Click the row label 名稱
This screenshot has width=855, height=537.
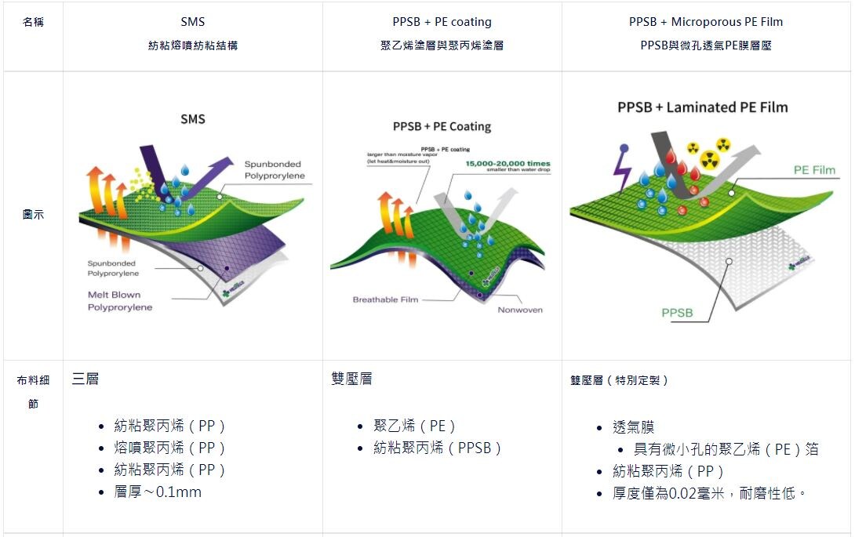click(33, 22)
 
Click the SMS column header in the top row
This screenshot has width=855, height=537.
click(193, 22)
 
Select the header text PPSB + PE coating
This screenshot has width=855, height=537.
click(442, 22)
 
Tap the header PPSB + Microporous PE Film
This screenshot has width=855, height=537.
click(705, 22)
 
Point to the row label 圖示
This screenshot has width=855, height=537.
click(33, 215)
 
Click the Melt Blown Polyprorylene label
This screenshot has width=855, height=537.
click(120, 301)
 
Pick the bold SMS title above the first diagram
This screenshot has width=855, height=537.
click(193, 119)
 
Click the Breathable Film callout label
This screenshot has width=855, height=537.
click(385, 300)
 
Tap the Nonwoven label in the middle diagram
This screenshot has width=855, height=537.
click(519, 310)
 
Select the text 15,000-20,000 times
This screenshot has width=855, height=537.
click(508, 163)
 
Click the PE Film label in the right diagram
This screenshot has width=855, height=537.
click(814, 170)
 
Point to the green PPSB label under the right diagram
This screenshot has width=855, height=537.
click(677, 313)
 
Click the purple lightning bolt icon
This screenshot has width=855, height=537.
click(624, 167)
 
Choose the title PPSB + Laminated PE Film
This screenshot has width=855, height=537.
click(702, 107)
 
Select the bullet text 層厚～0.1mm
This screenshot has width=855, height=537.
click(158, 492)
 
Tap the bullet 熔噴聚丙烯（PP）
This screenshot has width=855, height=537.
click(169, 448)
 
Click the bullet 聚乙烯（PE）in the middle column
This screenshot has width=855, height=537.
click(415, 426)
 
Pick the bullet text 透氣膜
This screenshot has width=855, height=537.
click(633, 427)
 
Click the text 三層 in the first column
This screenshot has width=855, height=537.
click(85, 379)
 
